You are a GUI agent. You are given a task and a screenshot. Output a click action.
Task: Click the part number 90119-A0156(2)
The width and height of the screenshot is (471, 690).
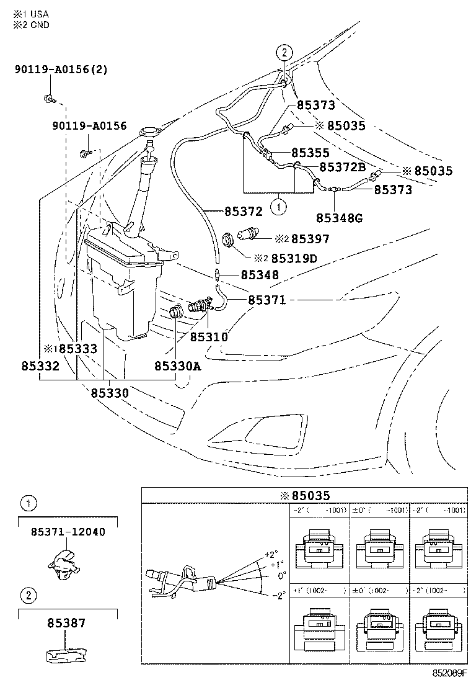61,69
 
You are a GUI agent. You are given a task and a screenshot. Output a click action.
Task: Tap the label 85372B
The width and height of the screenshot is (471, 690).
341,168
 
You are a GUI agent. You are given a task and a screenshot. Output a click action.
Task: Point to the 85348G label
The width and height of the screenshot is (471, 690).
339,217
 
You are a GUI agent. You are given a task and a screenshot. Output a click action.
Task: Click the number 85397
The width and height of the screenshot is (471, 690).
310,239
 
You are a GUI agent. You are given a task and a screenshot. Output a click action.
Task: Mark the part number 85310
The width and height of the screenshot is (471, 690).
209,337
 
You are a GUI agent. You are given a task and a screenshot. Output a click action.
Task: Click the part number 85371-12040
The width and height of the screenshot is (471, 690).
68,532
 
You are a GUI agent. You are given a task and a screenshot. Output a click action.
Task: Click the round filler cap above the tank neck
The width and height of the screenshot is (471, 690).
150,131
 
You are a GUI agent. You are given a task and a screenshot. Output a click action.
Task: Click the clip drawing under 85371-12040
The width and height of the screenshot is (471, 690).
64,562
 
